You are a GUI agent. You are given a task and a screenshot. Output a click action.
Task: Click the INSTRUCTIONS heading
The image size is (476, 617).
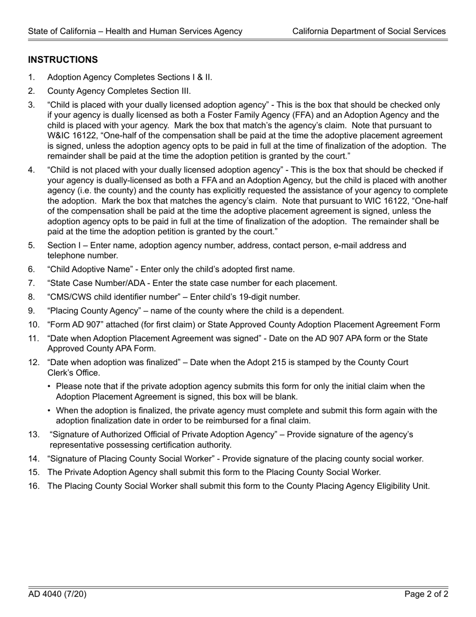tap(63, 60)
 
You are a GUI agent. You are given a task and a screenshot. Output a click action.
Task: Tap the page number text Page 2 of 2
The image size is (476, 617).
tap(426, 594)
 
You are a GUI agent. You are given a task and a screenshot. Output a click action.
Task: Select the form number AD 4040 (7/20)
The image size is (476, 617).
tap(57, 594)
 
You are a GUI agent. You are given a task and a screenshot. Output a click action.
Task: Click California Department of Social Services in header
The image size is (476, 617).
tap(369, 31)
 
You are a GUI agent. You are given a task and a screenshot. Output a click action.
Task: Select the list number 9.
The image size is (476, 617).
tap(32, 311)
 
